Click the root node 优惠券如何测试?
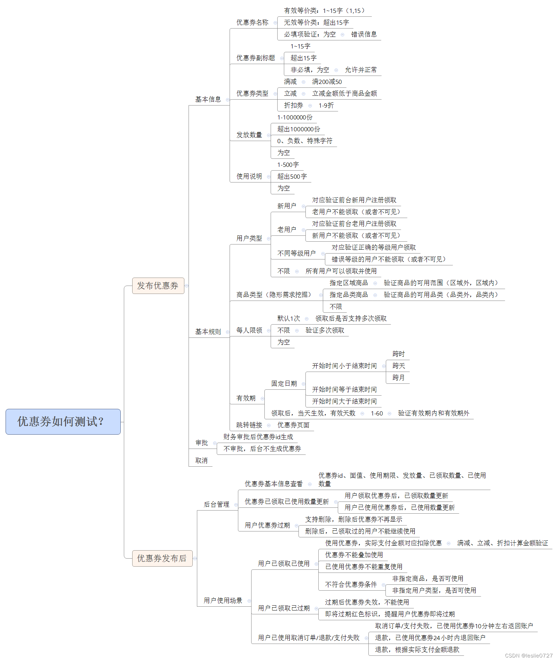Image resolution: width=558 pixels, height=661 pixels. point(63,421)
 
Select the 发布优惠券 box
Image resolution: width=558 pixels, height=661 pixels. point(158,286)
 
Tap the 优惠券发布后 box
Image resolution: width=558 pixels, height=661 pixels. point(162,558)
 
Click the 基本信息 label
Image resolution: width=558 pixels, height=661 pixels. point(208,99)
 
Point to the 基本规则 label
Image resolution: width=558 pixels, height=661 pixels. point(208,332)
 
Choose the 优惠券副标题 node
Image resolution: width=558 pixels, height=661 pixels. point(256,58)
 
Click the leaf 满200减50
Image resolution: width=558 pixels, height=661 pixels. point(327,82)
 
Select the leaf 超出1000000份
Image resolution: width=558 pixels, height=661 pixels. point(298,129)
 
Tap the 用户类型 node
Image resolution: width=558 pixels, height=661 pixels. point(249,238)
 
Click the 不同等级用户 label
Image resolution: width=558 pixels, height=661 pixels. point(296,253)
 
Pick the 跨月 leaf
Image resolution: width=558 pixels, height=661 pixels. point(398,378)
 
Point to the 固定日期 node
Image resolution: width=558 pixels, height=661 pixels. point(284,383)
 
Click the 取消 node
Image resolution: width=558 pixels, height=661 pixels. point(201,460)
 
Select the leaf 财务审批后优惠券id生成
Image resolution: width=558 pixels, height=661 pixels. point(258,437)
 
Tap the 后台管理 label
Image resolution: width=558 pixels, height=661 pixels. point(216,504)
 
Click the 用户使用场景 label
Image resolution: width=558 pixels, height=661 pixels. point(223,600)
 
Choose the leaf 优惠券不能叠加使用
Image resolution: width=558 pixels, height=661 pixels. point(354,555)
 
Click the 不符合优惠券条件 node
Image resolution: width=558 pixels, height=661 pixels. point(351,584)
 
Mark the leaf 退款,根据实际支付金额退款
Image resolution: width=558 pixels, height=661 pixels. point(417,650)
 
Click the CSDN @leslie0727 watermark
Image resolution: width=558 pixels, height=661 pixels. point(528,655)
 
